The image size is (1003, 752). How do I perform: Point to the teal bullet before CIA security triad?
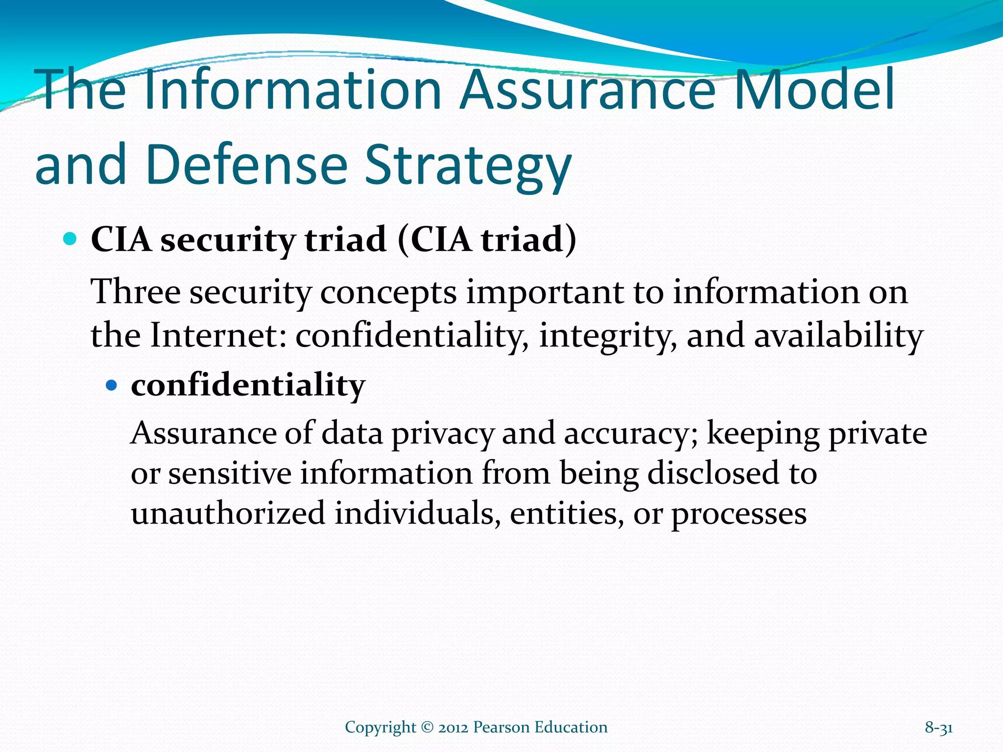[71, 239]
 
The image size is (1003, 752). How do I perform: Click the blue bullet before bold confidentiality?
[112, 385]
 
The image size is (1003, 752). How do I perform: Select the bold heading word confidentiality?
[248, 385]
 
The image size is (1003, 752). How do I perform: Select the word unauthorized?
[228, 513]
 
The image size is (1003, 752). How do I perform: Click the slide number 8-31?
[938, 728]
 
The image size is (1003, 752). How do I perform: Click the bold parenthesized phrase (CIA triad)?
[487, 240]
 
